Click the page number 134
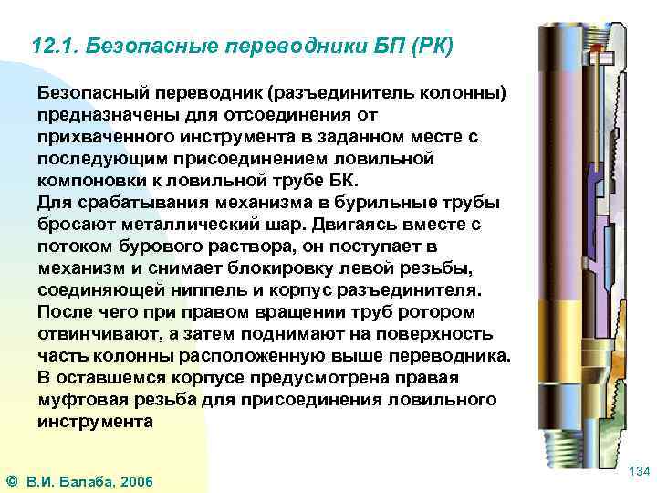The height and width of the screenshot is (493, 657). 640,471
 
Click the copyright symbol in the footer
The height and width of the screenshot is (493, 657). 10,480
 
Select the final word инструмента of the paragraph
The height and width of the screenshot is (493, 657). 96,421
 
